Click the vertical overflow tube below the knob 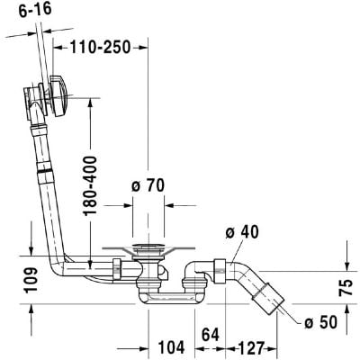tap(41, 180)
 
